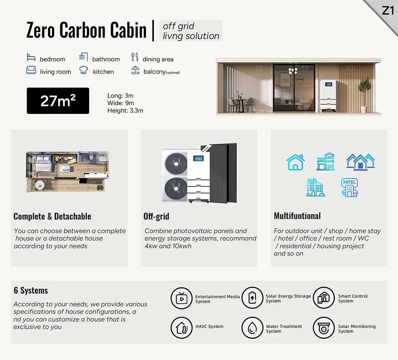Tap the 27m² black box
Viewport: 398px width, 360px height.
click(58, 101)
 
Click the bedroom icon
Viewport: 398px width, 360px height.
click(31, 57)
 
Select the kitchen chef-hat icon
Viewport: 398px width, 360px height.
click(83, 70)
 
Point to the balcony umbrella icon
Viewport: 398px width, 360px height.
click(135, 70)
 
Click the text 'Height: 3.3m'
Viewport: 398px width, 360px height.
click(125, 110)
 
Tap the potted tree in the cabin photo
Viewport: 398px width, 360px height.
click(364, 94)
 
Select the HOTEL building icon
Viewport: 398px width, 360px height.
click(349, 187)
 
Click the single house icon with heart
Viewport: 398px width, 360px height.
click(295, 162)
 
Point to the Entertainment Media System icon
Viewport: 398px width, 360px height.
click(181, 298)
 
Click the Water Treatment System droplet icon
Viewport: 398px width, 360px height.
click(252, 328)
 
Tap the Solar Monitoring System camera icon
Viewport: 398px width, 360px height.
click(324, 328)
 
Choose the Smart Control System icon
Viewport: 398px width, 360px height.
click(324, 298)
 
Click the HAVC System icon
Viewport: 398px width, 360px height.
click(181, 328)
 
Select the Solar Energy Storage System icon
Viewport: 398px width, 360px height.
click(252, 298)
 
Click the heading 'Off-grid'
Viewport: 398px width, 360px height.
click(156, 216)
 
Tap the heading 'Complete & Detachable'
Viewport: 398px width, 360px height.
click(52, 216)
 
